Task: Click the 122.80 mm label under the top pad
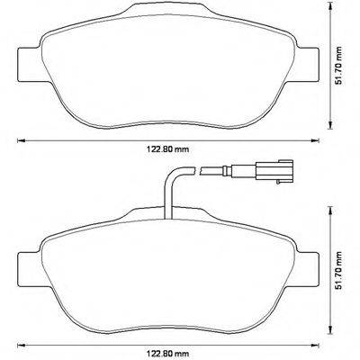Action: point(168,150)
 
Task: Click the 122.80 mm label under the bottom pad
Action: point(168,352)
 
